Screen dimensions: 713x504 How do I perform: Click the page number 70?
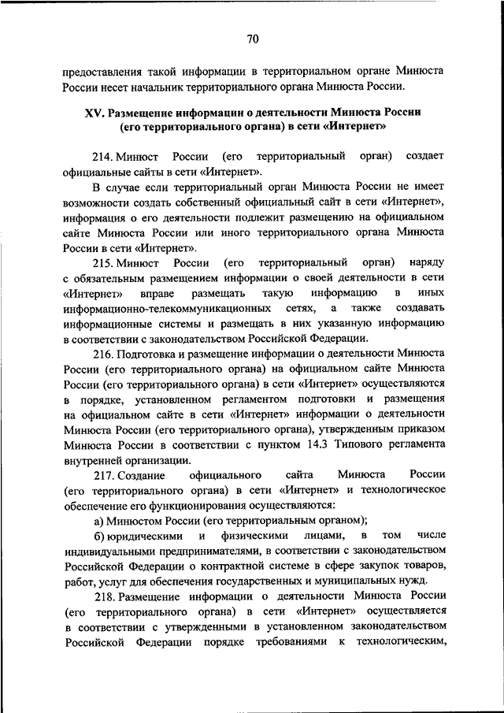(252, 39)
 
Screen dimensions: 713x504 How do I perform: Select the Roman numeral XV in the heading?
(94, 112)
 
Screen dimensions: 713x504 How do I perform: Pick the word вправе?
(135, 292)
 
